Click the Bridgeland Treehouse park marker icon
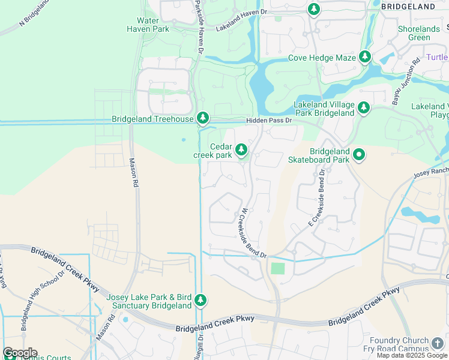tap(203, 118)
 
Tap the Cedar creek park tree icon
tap(241, 149)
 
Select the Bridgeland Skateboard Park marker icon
tap(359, 155)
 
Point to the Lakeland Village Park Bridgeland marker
tap(363, 108)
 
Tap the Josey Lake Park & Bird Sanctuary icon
tap(201, 299)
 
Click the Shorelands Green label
tap(418, 33)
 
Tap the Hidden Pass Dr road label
tap(268, 121)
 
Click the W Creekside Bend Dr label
tap(253, 233)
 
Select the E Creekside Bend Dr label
tap(316, 197)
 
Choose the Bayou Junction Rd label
tap(405, 81)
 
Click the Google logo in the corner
tap(20, 353)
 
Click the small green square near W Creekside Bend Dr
tap(277, 268)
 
